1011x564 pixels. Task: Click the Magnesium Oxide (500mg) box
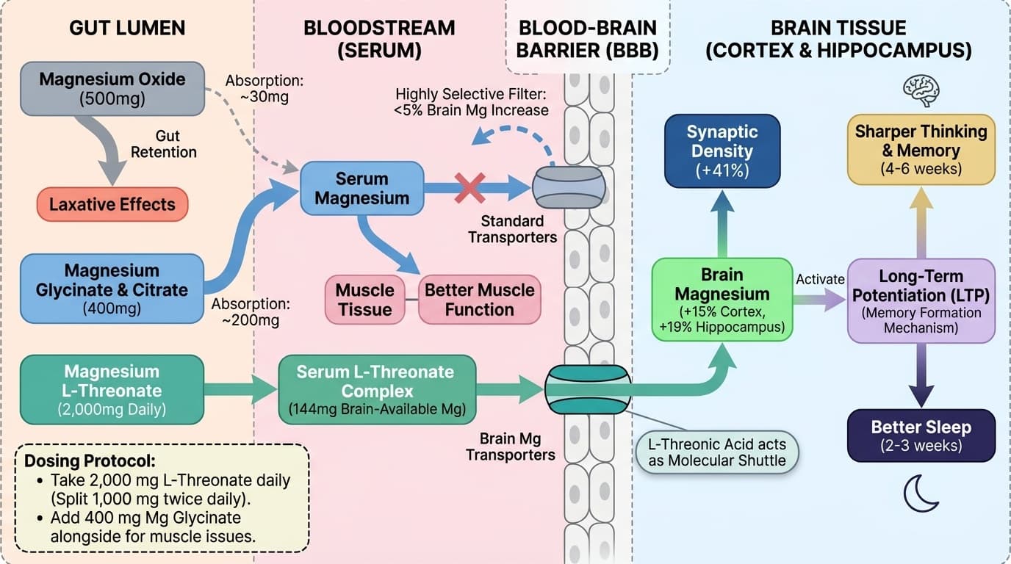click(x=112, y=89)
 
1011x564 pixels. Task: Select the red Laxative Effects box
click(x=112, y=204)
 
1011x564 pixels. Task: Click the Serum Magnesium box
click(x=361, y=189)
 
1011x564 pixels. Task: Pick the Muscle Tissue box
click(x=364, y=300)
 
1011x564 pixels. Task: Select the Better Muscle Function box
click(x=479, y=300)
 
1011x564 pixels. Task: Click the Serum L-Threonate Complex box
click(x=377, y=390)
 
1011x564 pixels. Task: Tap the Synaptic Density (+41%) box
click(x=722, y=151)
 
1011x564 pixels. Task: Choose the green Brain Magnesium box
click(x=722, y=299)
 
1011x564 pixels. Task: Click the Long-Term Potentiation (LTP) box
click(x=921, y=300)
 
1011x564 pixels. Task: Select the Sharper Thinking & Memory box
click(x=921, y=150)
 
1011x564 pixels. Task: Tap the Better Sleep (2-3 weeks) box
click(x=921, y=435)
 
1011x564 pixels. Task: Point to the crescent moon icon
click(x=920, y=493)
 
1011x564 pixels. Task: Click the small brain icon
click(x=921, y=90)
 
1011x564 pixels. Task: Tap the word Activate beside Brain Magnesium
click(x=820, y=280)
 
